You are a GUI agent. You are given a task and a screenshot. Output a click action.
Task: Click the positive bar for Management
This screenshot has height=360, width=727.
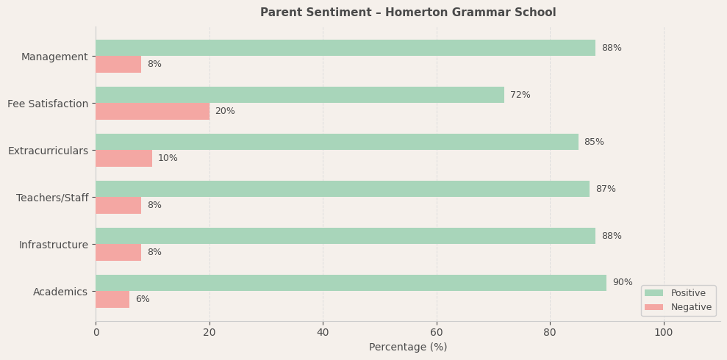point(345,48)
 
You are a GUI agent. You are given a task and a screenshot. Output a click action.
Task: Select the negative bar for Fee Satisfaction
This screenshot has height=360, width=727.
point(152,111)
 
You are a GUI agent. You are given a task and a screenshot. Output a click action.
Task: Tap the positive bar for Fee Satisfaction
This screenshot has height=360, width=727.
point(300,95)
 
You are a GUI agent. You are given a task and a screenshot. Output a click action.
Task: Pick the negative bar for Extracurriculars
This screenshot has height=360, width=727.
point(123,158)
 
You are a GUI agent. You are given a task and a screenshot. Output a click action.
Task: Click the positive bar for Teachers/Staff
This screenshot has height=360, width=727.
point(343,189)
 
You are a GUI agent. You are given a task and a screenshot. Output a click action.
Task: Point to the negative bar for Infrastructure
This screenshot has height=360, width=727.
point(118,252)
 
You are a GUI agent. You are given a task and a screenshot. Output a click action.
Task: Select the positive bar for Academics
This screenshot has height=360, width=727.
point(351,283)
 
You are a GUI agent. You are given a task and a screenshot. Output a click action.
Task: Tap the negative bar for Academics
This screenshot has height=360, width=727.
point(112,299)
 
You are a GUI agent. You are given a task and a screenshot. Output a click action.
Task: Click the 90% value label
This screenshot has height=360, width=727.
point(622,283)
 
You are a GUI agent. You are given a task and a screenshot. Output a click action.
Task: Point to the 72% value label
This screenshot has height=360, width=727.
point(520,95)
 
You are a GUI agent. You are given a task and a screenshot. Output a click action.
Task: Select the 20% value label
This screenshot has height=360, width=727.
point(225,111)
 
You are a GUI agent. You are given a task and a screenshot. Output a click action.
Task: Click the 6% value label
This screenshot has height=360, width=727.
point(143,299)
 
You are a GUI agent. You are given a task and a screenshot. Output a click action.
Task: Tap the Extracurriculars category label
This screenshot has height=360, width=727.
point(48,151)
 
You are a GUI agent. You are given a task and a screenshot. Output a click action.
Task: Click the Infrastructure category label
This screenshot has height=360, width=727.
point(54,245)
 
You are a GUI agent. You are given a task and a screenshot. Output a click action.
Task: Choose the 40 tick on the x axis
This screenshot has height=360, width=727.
point(323,332)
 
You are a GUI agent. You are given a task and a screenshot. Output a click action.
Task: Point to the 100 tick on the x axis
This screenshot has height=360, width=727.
point(664,332)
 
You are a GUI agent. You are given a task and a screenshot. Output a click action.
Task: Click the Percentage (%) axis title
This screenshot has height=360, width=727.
point(408,347)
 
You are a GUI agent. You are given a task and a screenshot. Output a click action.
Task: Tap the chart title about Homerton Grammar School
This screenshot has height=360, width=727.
point(408,12)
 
